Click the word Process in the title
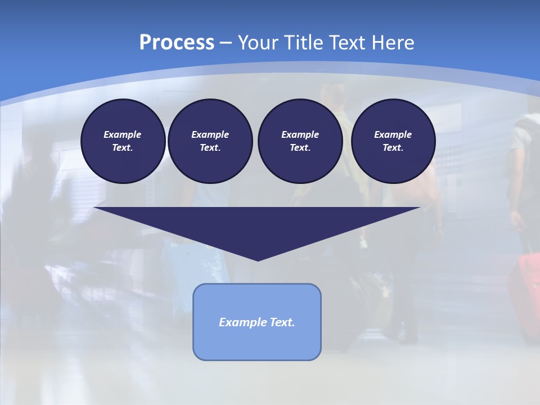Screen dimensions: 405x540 177,43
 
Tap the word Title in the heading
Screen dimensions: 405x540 302,43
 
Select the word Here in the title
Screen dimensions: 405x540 394,43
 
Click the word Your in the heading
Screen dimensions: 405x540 259,43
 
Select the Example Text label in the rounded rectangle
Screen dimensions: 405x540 256,322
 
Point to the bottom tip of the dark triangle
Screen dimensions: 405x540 258,260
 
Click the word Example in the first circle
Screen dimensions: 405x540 123,134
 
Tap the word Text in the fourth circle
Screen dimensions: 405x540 393,147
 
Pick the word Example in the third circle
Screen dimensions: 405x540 300,134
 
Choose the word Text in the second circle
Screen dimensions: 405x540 209,147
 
